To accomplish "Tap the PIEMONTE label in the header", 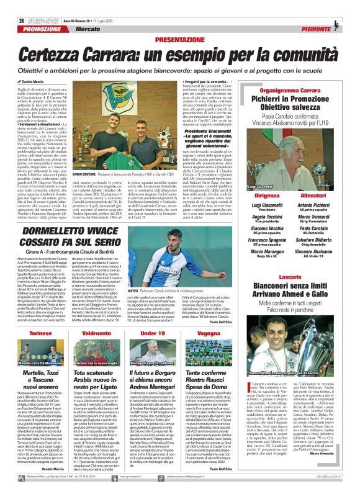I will [322, 29].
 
